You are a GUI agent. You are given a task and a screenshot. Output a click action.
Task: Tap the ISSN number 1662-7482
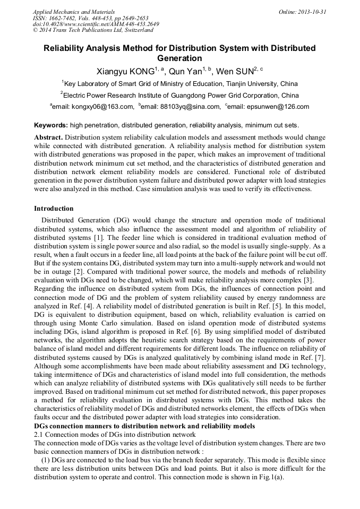tap(67, 18)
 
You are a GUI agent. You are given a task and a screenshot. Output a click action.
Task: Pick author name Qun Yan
tap(185, 71)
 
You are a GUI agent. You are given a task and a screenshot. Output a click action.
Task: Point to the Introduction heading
tap(54, 209)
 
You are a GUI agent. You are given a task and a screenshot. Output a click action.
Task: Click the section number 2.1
tap(39, 435)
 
